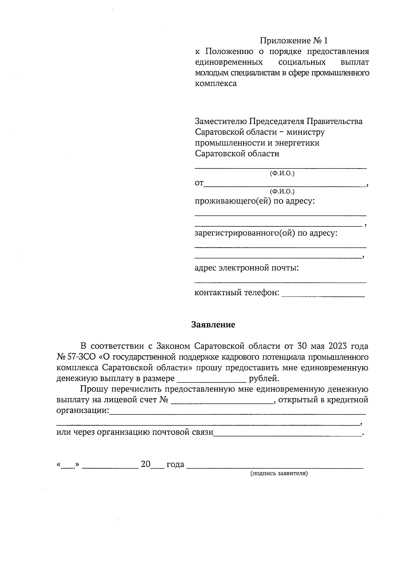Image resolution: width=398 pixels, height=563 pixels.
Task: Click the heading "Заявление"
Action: coord(213,324)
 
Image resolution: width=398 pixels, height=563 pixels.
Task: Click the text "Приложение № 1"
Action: coord(294,40)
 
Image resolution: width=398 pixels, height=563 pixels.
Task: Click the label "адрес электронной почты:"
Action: coord(246,268)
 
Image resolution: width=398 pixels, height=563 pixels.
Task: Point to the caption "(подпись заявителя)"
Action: coord(279,473)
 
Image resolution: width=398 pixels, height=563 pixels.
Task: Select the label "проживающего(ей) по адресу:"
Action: coord(254,201)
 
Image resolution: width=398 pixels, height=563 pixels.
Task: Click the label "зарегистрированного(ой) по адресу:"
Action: coord(266,233)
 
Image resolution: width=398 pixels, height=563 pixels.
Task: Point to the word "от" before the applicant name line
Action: coord(199,183)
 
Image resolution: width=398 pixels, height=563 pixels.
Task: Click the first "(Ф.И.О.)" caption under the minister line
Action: coord(282,173)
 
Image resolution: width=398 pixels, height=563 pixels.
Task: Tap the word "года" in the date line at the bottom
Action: coord(175,464)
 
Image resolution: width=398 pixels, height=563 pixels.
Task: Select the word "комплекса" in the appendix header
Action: coord(216,83)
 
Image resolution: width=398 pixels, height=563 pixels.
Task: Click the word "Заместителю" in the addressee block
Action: coord(220,121)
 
